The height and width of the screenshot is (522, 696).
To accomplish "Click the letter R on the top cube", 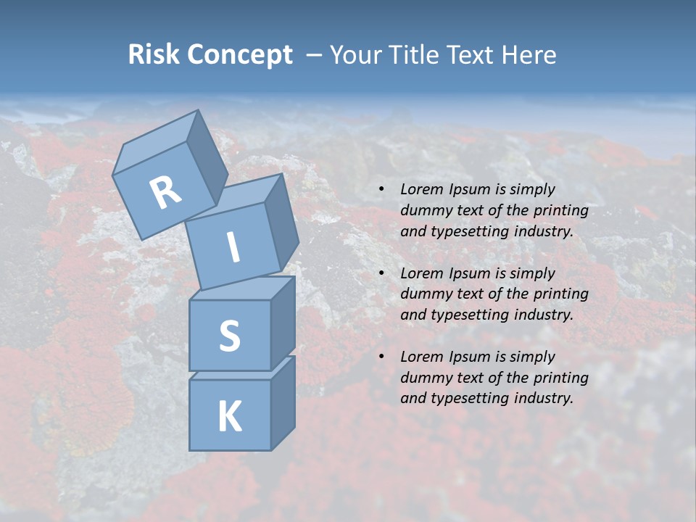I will click(165, 193).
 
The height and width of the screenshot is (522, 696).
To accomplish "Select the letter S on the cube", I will click(229, 336).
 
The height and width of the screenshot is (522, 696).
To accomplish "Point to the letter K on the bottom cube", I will click(229, 417).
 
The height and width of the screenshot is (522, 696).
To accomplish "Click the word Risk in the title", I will click(154, 54).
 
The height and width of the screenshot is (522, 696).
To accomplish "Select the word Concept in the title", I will click(241, 54).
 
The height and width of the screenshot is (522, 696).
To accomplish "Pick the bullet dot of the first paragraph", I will click(382, 190).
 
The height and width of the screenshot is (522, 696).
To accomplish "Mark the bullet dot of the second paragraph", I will click(382, 273).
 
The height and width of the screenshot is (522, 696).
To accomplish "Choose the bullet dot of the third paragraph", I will click(382, 357).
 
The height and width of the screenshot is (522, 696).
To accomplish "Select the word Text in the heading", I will click(470, 54).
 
